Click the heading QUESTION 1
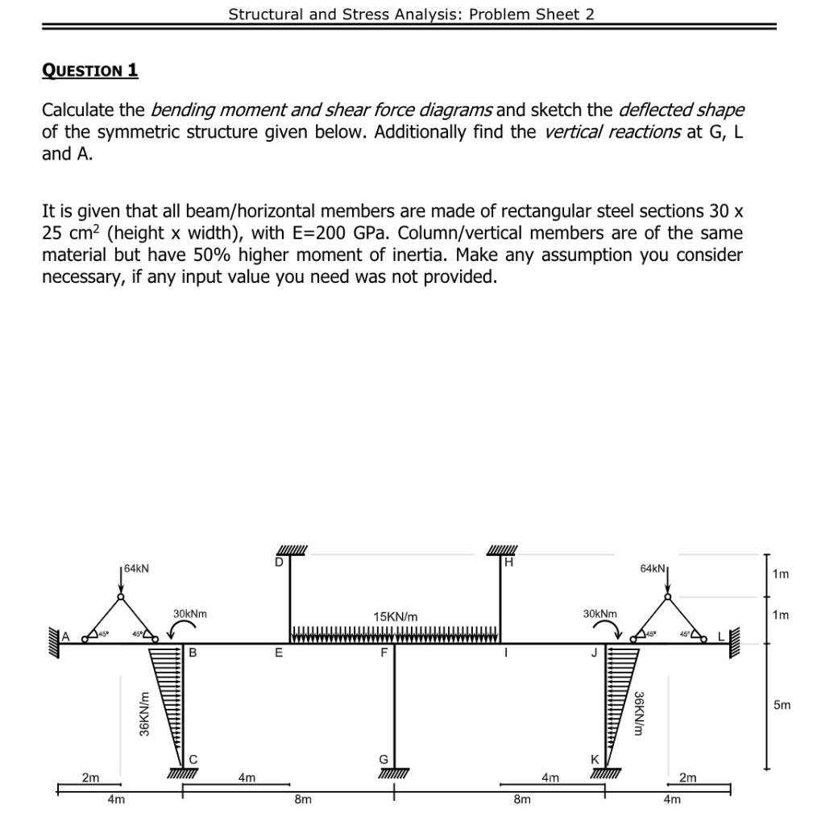[x=89, y=71]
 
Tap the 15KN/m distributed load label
[x=395, y=616]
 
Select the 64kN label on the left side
[x=136, y=569]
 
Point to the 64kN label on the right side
[x=653, y=569]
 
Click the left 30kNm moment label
[x=189, y=614]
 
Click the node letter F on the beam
[x=385, y=653]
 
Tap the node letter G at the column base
[x=384, y=758]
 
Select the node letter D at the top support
[x=279, y=562]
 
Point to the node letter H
[x=508, y=562]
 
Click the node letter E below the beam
[x=279, y=653]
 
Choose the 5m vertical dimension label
[x=782, y=706]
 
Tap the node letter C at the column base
[x=193, y=758]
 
